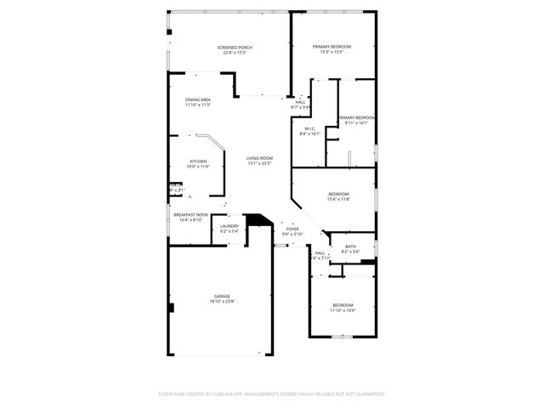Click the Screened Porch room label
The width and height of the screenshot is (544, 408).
235,48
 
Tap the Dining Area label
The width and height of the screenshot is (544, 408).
198,99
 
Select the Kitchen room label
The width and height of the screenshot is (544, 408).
198,161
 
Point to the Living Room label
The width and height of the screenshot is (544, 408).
259,158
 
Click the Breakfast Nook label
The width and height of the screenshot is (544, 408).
191,214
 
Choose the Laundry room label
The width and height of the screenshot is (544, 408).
229,225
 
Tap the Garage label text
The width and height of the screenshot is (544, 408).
222,296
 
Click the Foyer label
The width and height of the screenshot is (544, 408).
292,229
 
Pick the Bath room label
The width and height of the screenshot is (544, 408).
350,246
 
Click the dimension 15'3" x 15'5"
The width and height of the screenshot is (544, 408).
331,52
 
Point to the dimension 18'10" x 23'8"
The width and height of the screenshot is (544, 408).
222,302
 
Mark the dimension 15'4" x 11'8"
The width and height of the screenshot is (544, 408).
339,200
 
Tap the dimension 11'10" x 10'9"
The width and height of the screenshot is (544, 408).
343,310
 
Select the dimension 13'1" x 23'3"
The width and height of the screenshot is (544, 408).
259,163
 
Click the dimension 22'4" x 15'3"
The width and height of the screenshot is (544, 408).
235,53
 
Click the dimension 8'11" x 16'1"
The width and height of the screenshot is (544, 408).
357,122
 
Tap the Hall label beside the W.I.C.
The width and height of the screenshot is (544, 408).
300,102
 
